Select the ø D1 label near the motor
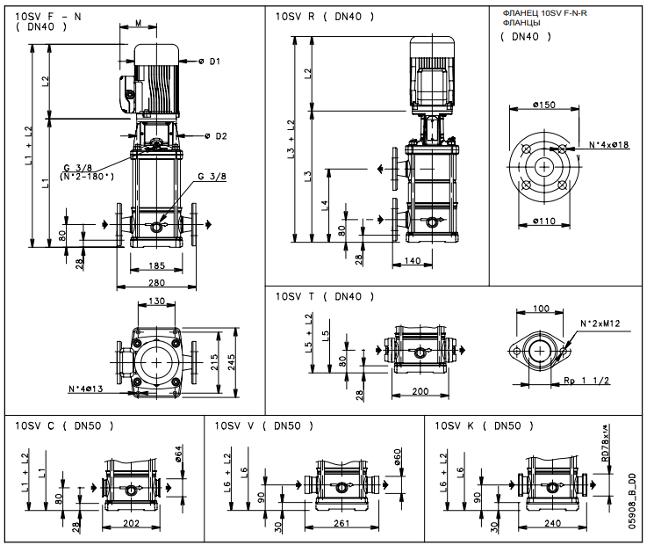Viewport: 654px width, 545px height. [x=209, y=61]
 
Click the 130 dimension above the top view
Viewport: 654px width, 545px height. [x=156, y=302]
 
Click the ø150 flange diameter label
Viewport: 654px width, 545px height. [x=544, y=105]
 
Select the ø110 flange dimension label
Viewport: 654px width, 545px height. [x=544, y=221]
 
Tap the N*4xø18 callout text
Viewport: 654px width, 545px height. [x=610, y=144]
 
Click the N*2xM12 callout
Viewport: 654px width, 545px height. [x=600, y=323]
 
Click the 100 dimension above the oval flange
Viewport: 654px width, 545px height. [x=542, y=309]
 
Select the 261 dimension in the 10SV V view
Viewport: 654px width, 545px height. [x=342, y=523]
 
